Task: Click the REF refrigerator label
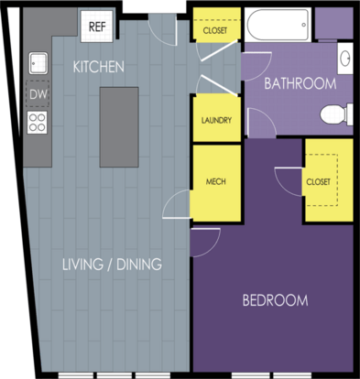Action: click(x=97, y=27)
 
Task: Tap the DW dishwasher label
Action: click(x=38, y=94)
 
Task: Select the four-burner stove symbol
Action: click(x=38, y=123)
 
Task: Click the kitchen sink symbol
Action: click(x=38, y=63)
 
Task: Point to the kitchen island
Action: click(x=119, y=127)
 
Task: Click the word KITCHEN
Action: click(x=99, y=67)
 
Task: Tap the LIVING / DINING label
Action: click(x=112, y=265)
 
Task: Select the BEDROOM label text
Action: click(x=275, y=300)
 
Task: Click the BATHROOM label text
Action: click(x=300, y=83)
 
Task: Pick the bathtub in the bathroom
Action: click(x=278, y=25)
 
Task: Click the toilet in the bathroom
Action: click(x=336, y=114)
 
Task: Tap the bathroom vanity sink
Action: click(x=345, y=58)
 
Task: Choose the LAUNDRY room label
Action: click(x=216, y=120)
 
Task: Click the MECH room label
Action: click(x=216, y=182)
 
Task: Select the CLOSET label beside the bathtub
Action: click(x=215, y=30)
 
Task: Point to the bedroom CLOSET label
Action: click(x=318, y=182)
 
